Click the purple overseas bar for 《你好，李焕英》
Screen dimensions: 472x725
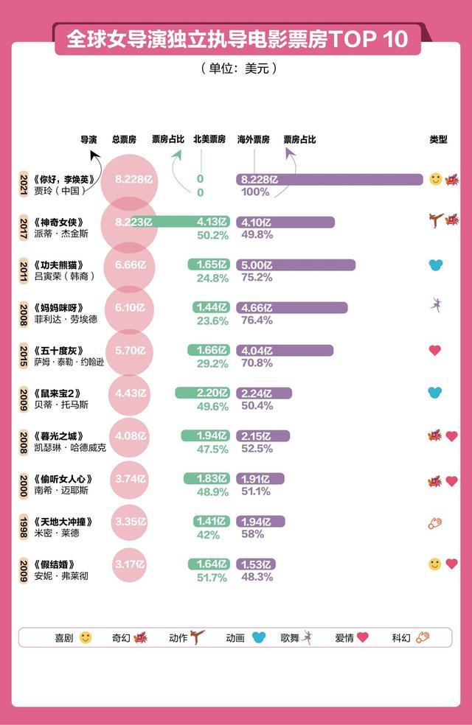click(330, 179)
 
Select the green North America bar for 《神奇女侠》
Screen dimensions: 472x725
click(181, 222)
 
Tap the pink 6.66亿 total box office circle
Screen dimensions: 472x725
click(130, 265)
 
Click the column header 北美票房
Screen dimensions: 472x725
click(209, 139)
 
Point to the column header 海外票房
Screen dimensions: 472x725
click(254, 139)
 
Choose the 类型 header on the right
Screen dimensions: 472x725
click(438, 139)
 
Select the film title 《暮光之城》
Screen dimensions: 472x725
click(59, 436)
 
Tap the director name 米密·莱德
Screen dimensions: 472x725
click(57, 533)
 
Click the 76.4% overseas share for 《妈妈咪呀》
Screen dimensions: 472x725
click(257, 320)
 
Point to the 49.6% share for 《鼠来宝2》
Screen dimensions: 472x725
click(213, 407)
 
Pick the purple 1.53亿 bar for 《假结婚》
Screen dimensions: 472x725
click(256, 564)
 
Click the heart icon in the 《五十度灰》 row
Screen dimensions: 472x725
click(435, 350)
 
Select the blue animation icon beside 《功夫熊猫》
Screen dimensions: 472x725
click(436, 265)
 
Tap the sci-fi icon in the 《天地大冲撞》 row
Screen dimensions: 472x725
click(435, 523)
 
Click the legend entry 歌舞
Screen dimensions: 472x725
click(296, 637)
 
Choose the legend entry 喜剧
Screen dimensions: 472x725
click(73, 637)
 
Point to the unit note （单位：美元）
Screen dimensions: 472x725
click(239, 69)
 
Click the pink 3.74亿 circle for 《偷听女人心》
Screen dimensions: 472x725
click(130, 480)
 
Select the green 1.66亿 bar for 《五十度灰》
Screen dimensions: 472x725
click(209, 350)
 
